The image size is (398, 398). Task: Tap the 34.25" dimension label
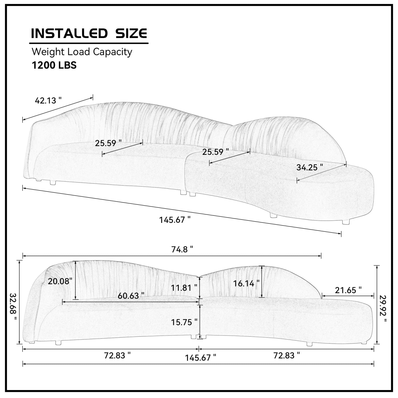coord(310,167)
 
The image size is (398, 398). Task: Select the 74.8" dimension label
coord(182,249)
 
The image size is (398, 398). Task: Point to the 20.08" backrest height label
coord(60,281)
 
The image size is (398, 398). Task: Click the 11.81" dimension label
coord(184,287)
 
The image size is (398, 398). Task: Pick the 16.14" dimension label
coord(246,283)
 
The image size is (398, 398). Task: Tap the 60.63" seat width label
coord(131,296)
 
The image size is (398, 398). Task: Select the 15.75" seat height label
coord(184,322)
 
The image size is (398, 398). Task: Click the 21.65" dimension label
coord(348,290)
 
